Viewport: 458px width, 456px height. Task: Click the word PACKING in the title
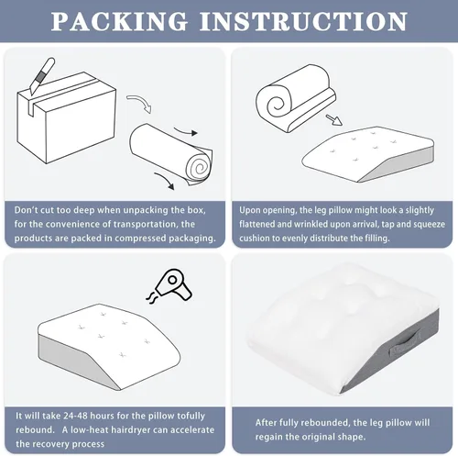coord(119,21)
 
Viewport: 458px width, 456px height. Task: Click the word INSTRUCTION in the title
coord(303,21)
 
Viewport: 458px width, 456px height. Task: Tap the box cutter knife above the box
coord(42,76)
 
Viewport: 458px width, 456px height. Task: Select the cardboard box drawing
coord(67,117)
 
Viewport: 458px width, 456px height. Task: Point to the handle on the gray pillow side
coord(406,343)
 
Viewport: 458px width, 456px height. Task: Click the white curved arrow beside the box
coord(139,103)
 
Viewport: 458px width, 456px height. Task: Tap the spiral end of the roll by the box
coord(200,166)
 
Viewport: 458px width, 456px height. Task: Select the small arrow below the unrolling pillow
coord(333,120)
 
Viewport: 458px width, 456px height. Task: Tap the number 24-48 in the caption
coord(75,416)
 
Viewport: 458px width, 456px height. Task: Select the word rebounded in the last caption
coord(324,422)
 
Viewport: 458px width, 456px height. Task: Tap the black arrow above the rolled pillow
coord(186,131)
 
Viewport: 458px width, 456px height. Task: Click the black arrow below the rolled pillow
coord(165,181)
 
